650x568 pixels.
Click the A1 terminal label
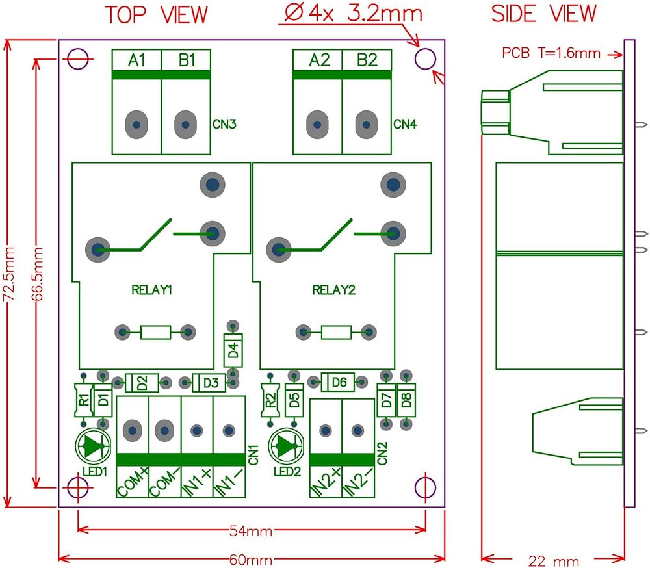coord(136,60)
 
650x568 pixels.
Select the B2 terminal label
coord(367,60)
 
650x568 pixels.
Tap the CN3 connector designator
coord(224,123)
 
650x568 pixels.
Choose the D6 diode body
coord(339,383)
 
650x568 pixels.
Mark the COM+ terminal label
coord(132,482)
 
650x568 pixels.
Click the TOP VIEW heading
coord(157,14)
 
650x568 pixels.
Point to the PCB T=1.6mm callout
coord(551,53)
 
